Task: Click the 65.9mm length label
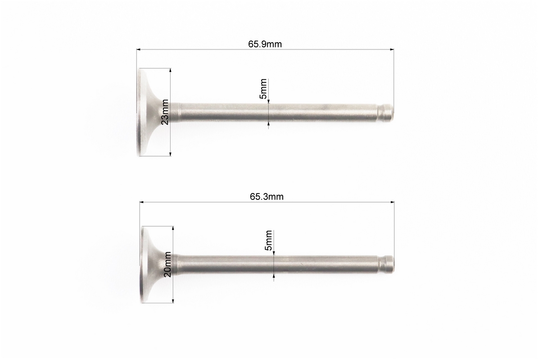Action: (265, 44)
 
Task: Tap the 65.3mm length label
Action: (267, 197)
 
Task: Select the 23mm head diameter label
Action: (165, 112)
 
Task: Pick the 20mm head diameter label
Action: (167, 264)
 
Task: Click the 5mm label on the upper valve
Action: (263, 89)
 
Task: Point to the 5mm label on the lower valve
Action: (269, 240)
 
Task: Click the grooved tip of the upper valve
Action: (385, 112)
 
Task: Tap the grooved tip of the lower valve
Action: (386, 264)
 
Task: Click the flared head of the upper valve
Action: (151, 112)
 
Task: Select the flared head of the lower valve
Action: (154, 264)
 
